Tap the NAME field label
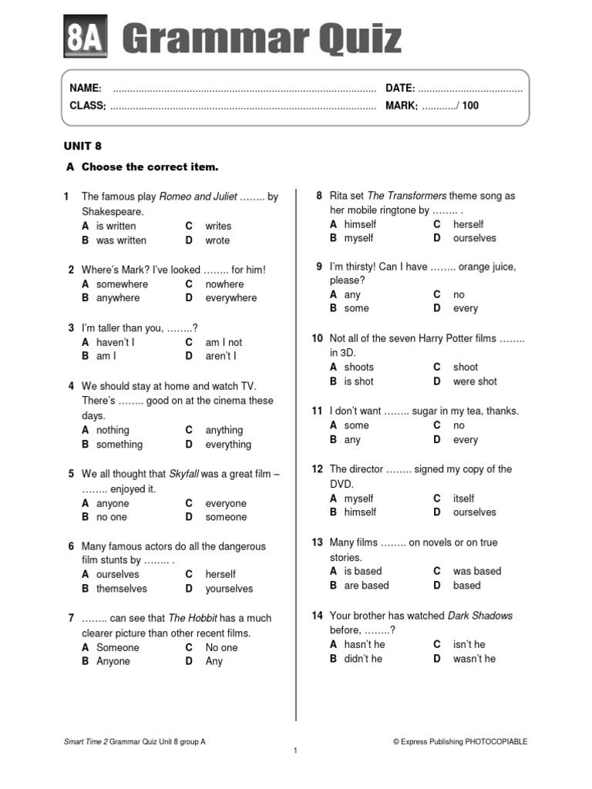[x=86, y=89]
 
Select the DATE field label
[x=400, y=89]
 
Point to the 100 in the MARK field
[x=470, y=106]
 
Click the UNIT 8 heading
[x=82, y=146]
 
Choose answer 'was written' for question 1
[x=121, y=240]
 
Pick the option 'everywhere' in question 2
[x=231, y=298]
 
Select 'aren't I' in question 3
[x=221, y=356]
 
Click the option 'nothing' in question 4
[x=113, y=430]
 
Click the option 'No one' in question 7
[x=221, y=647]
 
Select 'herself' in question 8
[x=468, y=224]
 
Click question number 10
[x=317, y=338]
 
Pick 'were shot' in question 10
[x=475, y=381]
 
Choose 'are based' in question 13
[x=367, y=586]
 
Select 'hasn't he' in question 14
[x=365, y=644]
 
